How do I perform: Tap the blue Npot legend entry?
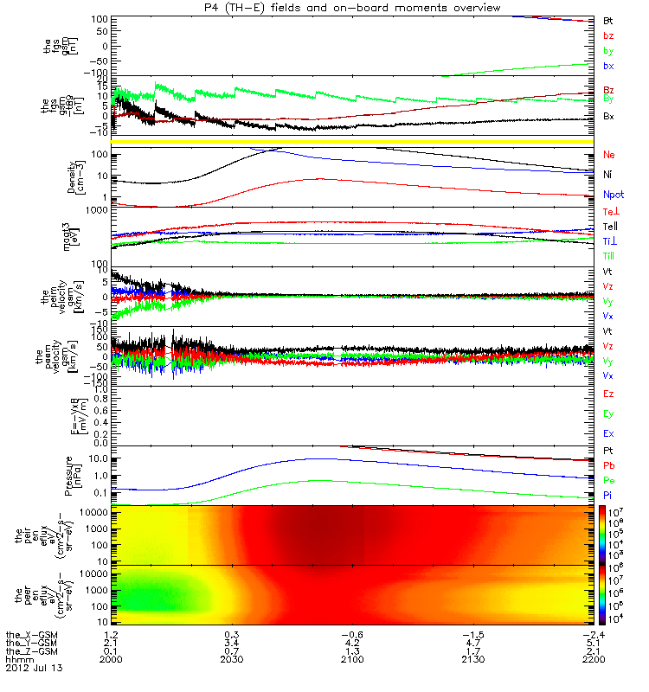pyautogui.click(x=612, y=195)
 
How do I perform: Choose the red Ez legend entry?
pyautogui.click(x=607, y=394)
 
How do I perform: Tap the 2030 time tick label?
pyautogui.click(x=231, y=658)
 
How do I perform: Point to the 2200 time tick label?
pyautogui.click(x=594, y=658)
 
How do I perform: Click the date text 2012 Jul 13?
pyautogui.click(x=35, y=669)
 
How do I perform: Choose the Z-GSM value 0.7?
pyautogui.click(x=231, y=650)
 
